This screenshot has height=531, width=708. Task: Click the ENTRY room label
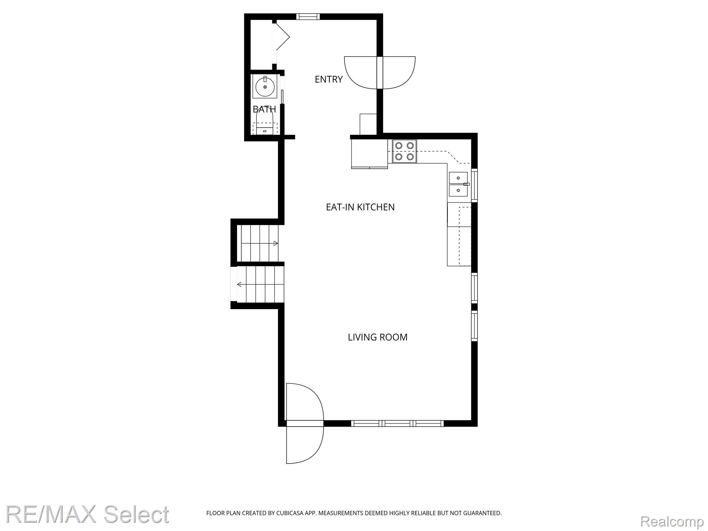point(328,80)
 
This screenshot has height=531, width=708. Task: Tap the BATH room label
point(264,110)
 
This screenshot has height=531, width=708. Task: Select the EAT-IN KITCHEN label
point(360,207)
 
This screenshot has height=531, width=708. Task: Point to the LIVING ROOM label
point(378,337)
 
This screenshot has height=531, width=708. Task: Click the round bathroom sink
point(265,86)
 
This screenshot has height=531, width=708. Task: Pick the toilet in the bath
point(265,125)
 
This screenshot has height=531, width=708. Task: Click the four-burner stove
point(404,151)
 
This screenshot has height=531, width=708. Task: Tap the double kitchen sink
point(458,184)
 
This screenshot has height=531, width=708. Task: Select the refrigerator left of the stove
point(369,153)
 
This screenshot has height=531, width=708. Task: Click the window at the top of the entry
point(308,16)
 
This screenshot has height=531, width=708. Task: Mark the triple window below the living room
point(397,423)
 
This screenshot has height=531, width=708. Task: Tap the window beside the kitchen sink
point(474,186)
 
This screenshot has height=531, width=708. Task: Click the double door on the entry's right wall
point(380,73)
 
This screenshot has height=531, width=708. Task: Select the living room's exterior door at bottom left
point(305,423)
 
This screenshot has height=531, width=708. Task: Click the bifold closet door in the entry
point(282,41)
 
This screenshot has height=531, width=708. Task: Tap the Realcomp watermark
point(672,521)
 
